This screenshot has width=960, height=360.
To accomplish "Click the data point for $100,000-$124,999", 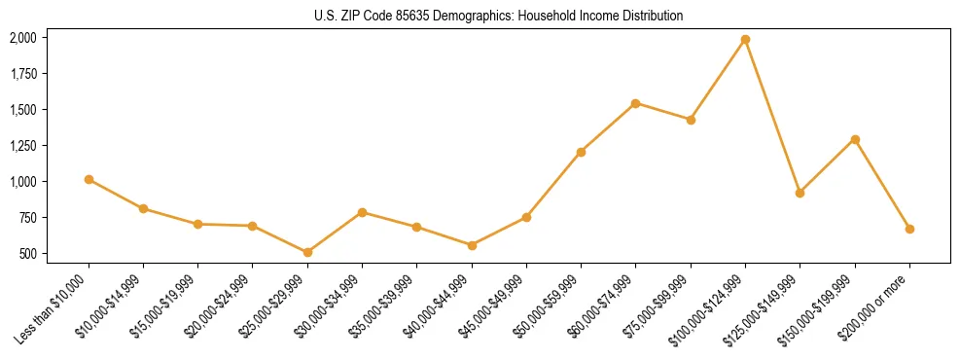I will point(745,39).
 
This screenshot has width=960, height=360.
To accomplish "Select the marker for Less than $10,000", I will point(89,179).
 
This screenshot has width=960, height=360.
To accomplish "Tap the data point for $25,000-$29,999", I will point(307,252).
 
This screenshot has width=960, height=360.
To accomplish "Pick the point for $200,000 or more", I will point(909,229).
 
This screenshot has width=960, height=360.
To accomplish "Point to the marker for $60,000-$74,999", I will point(635,103).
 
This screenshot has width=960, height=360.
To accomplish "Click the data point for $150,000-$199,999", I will point(855,139).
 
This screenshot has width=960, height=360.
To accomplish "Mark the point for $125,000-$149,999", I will point(800,193).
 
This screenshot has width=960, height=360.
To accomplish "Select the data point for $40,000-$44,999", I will point(472,245).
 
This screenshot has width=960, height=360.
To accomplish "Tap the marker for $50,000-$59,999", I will point(581,152).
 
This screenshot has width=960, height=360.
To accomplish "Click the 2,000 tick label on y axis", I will point(22,38).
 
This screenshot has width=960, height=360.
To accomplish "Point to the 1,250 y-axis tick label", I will point(22,146).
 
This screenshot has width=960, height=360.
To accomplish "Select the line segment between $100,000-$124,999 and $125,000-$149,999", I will point(772,116).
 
